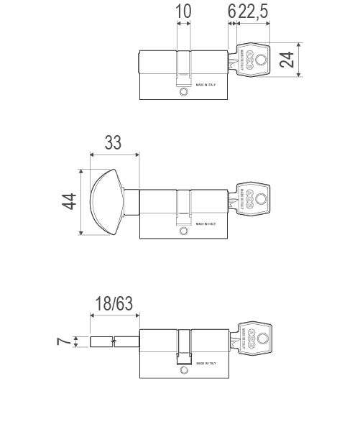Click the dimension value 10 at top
[184, 11]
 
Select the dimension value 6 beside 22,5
[231, 11]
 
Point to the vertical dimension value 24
[287, 59]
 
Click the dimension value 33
[113, 142]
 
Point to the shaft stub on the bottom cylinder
[114, 341]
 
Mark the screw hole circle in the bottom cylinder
[184, 370]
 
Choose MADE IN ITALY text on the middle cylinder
[206, 224]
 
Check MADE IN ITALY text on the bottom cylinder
[206, 364]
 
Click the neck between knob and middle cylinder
[131, 202]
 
